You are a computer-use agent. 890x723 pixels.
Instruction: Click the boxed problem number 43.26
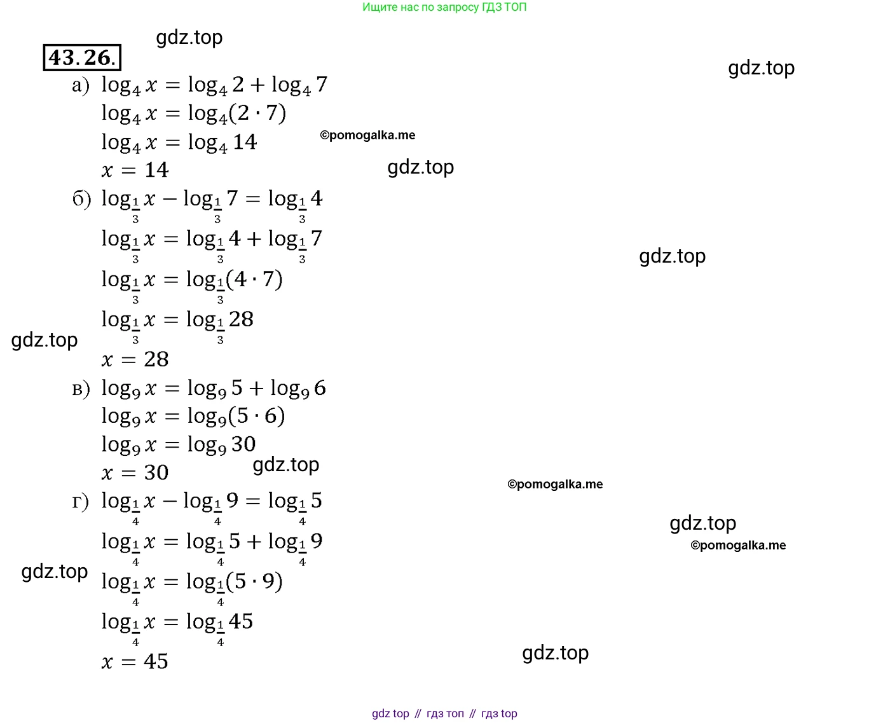[x=82, y=57]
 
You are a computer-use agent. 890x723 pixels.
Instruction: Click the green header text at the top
[x=444, y=7]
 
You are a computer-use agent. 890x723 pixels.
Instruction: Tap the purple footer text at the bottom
[x=444, y=713]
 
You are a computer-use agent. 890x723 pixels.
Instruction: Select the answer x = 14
[x=135, y=170]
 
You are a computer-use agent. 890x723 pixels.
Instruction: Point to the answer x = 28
[x=135, y=359]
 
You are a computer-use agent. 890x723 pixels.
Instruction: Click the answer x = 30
[x=135, y=472]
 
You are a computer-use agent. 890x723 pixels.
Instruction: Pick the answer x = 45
[x=135, y=661]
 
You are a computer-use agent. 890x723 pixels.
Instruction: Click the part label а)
[x=81, y=86]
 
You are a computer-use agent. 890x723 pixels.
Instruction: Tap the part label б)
[x=81, y=199]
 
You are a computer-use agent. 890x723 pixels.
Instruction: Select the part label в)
[x=81, y=389]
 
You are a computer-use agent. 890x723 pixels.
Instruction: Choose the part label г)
[x=80, y=502]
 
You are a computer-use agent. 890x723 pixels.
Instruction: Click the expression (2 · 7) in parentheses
[x=257, y=113]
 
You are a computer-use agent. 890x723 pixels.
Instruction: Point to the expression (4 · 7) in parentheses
[x=254, y=279]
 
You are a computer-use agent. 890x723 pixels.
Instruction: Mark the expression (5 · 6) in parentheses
[x=257, y=416]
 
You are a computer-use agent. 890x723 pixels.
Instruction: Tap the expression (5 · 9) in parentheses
[x=254, y=581]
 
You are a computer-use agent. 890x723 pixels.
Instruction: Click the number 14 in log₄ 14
[x=245, y=142]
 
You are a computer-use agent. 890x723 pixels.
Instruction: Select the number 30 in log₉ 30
[x=243, y=444]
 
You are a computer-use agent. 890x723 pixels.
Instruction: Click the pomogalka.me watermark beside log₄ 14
[x=367, y=135]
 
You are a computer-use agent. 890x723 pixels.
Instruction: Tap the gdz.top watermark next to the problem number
[x=189, y=38]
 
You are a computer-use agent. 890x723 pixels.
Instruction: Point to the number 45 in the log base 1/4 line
[x=241, y=621]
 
